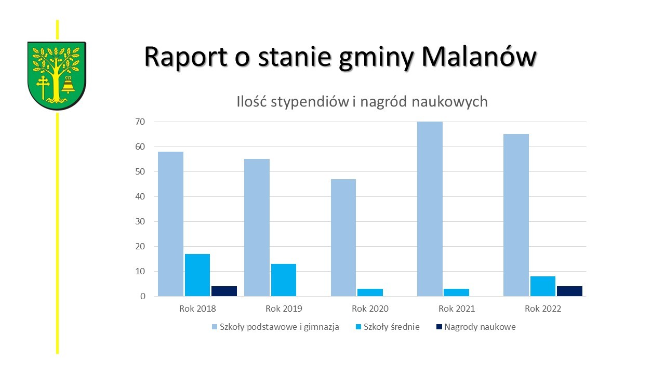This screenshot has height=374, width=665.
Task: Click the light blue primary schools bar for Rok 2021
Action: click(x=430, y=209)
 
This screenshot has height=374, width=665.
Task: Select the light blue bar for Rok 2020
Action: click(x=343, y=237)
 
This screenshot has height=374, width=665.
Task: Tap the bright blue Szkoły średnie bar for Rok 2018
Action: click(x=197, y=275)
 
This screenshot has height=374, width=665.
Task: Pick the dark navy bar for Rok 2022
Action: click(x=569, y=291)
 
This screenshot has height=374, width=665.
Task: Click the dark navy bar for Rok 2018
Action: click(x=224, y=291)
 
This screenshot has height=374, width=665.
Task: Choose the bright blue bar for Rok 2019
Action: click(x=284, y=280)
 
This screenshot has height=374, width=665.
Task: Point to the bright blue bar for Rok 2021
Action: click(x=456, y=292)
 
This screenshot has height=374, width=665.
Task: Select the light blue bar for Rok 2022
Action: click(x=516, y=215)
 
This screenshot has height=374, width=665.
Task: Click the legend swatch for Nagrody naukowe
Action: click(x=439, y=327)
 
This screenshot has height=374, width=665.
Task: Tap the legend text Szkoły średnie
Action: click(x=392, y=327)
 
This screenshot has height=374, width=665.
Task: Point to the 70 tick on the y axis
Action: click(x=140, y=122)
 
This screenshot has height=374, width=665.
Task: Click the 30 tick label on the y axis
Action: click(x=140, y=221)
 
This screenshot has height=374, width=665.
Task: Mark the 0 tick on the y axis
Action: click(x=143, y=296)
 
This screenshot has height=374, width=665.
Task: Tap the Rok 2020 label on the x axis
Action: click(x=370, y=309)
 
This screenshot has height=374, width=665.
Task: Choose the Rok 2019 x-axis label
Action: click(x=284, y=309)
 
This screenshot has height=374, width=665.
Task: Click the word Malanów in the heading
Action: click(x=479, y=57)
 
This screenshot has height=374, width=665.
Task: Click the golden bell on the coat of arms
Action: click(x=68, y=85)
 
